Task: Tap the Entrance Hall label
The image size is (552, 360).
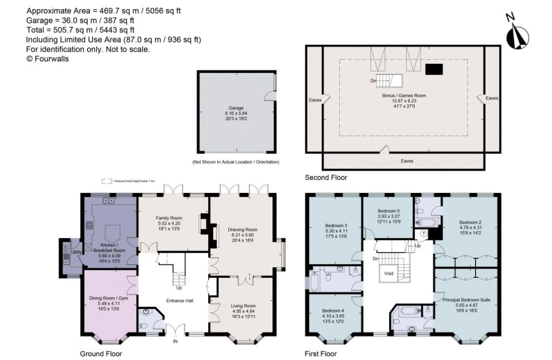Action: coord(180,300)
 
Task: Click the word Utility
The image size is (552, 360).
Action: coord(76,252)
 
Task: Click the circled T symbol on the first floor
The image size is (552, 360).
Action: coord(423,233)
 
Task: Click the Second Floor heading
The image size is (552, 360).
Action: coord(326,178)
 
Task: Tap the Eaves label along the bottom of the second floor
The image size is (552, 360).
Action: coord(407,161)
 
